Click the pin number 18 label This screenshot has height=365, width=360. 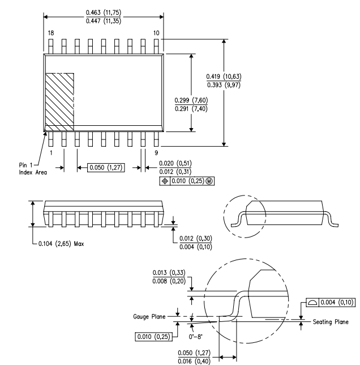[51, 33]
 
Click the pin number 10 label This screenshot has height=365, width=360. [156, 33]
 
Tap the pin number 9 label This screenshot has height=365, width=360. [156, 152]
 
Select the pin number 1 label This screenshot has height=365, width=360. [51, 152]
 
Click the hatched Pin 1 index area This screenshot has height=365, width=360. [59, 102]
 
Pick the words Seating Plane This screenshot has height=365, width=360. [331, 322]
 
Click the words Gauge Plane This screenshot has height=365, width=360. [149, 317]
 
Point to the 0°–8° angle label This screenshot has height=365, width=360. [195, 337]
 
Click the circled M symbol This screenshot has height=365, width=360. [209, 181]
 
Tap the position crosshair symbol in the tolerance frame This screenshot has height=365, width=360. [165, 181]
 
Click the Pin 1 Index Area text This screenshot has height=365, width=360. [33, 169]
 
